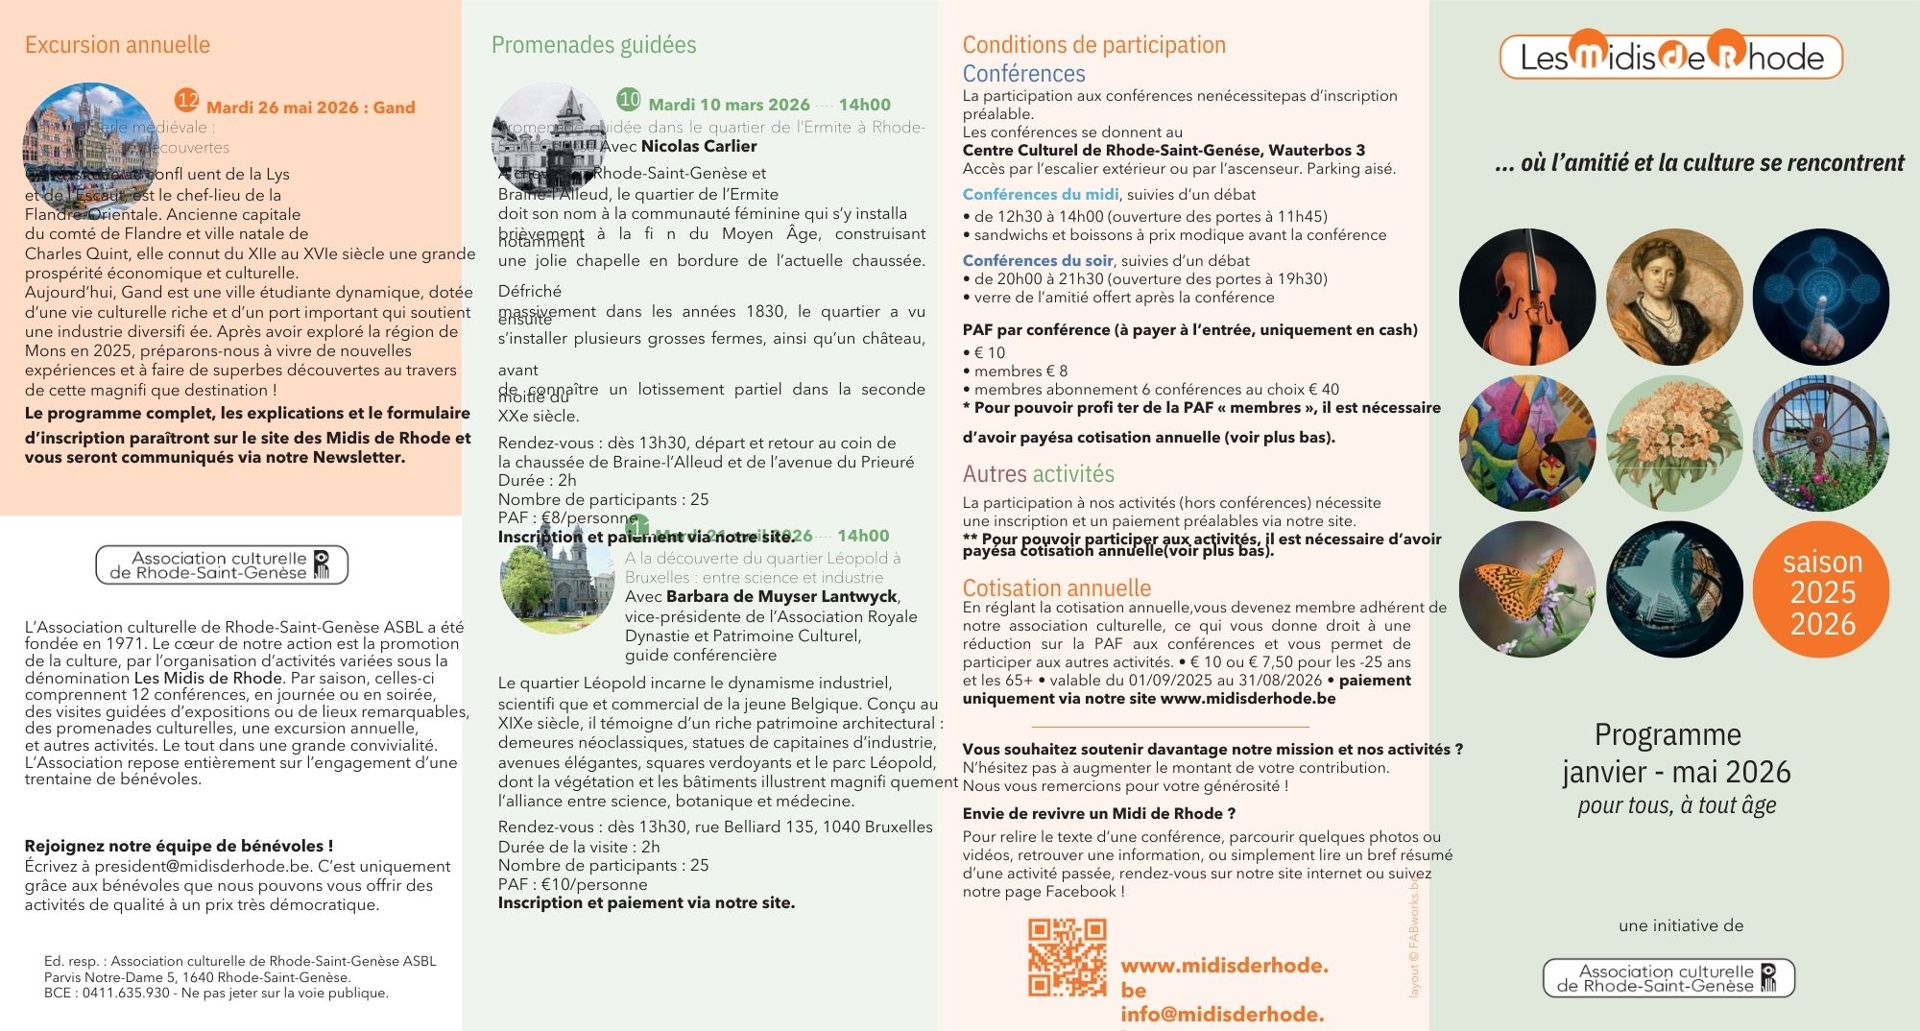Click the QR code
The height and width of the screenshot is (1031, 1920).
1067,957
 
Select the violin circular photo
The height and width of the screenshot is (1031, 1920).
1526,297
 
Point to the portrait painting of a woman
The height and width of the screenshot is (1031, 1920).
1673,297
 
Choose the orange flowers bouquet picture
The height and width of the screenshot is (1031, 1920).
1673,443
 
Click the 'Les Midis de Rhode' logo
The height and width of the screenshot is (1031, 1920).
1670,58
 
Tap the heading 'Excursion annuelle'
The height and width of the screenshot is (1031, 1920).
117,45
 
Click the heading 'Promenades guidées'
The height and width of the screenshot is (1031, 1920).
593,45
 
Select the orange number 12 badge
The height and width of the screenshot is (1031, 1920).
187,101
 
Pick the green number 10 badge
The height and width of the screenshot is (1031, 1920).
629,99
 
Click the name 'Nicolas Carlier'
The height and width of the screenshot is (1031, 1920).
699,147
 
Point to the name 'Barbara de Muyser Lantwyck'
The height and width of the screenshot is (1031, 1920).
781,596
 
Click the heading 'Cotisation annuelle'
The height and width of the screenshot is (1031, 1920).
1056,587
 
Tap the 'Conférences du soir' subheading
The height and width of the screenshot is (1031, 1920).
1038,260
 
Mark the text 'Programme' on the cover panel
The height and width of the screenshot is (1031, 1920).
1668,734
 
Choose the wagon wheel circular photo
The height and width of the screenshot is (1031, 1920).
1820,443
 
